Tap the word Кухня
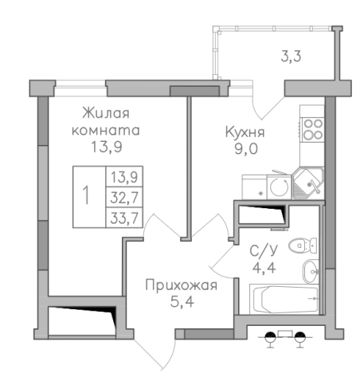click(x=244, y=133)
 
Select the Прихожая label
click(x=181, y=285)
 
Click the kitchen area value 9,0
click(x=244, y=149)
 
